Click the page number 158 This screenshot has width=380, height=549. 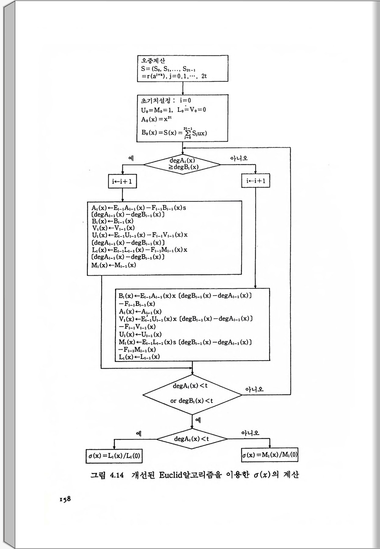(65, 499)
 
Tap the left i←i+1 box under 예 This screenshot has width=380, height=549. (122, 182)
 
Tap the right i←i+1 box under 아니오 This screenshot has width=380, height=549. (256, 181)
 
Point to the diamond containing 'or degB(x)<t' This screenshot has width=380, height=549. (192, 395)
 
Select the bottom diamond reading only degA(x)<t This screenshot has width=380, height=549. (192, 439)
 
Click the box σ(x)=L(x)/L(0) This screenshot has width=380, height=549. (114, 456)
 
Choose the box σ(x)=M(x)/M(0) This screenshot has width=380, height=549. (270, 455)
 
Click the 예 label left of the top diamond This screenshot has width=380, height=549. (131, 158)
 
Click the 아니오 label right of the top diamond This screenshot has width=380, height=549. (239, 158)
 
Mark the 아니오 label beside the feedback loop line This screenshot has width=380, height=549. (254, 389)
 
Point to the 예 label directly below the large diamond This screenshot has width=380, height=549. (198, 420)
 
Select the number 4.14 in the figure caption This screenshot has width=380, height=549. (117, 475)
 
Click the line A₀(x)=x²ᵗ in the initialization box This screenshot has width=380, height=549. (156, 119)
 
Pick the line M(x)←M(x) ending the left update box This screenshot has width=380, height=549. (114, 265)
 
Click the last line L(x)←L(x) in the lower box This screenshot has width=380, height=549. (139, 357)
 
